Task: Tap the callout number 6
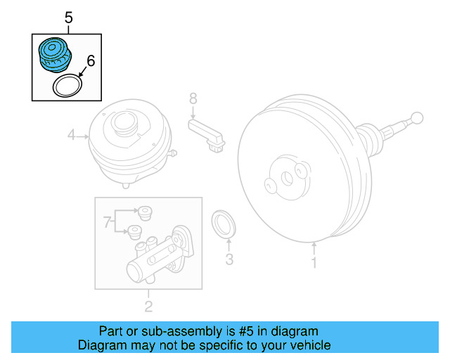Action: (89, 61)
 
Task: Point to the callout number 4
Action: (71, 134)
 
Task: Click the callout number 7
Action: (108, 224)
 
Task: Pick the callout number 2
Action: (148, 306)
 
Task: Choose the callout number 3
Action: (229, 261)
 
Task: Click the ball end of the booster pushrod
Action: (417, 117)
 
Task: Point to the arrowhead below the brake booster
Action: (314, 245)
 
